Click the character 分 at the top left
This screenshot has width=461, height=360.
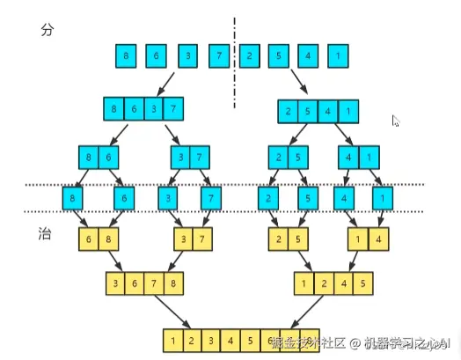(x=48, y=30)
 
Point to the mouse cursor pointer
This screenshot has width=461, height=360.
(x=396, y=121)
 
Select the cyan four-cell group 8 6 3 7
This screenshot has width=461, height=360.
(x=143, y=111)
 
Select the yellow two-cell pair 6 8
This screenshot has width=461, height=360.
(x=99, y=239)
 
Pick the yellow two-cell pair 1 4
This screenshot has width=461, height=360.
(x=368, y=239)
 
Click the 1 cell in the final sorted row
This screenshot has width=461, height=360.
(x=175, y=339)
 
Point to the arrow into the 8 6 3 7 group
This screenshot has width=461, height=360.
(x=160, y=85)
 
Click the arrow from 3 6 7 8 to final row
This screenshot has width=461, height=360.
(x=182, y=312)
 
